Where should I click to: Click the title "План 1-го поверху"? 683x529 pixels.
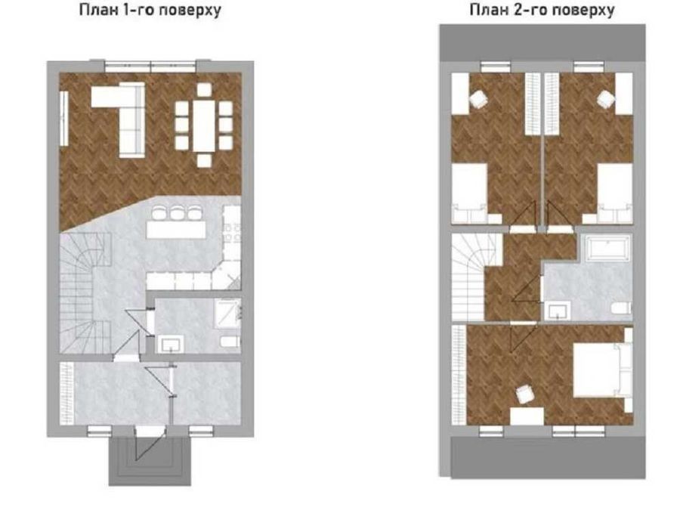click(x=150, y=10)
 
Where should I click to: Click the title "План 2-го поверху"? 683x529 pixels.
click(x=542, y=10)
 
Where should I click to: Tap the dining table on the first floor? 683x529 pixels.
click(x=203, y=125)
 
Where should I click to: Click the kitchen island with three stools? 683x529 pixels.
click(x=176, y=229)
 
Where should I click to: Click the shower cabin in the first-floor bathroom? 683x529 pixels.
click(x=227, y=314)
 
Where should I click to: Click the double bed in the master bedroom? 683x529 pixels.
click(x=602, y=370)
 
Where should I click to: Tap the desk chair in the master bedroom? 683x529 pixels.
click(x=524, y=394)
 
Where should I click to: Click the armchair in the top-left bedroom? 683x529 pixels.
click(x=478, y=99)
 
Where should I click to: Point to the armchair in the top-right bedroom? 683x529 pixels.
click(x=606, y=99)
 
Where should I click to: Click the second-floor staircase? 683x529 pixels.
click(x=468, y=277)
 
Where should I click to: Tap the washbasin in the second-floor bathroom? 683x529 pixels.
click(x=558, y=311)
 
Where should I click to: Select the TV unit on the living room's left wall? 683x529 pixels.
click(x=63, y=119)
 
